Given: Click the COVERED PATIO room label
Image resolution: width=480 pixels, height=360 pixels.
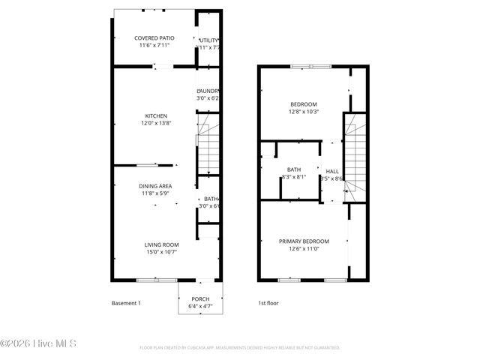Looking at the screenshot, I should [154, 37].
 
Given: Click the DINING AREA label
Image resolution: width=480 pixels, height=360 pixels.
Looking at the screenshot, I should [155, 185].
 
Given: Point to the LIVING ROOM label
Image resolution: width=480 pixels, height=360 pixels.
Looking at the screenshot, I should [161, 244].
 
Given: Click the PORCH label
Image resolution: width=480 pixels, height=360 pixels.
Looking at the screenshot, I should [200, 298].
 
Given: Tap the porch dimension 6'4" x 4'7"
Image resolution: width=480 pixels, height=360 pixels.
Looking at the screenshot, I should [200, 306].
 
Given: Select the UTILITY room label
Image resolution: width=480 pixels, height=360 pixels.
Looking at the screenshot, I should [208, 40].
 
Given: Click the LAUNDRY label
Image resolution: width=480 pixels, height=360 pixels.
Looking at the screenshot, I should [208, 90].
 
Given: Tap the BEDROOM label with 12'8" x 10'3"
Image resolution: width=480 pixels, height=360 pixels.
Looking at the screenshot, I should [304, 103].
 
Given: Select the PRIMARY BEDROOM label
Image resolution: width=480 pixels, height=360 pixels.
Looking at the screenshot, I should [304, 241].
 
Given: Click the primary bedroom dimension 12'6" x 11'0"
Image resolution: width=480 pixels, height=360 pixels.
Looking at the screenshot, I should [304, 249].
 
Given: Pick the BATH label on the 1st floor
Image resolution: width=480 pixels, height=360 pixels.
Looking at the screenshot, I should [294, 169].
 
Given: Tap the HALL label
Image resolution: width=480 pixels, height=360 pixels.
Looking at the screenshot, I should [331, 171].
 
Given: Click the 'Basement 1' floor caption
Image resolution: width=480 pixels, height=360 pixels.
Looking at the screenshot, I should [126, 303].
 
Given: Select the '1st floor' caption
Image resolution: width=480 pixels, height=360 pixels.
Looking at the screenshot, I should [267, 303].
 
